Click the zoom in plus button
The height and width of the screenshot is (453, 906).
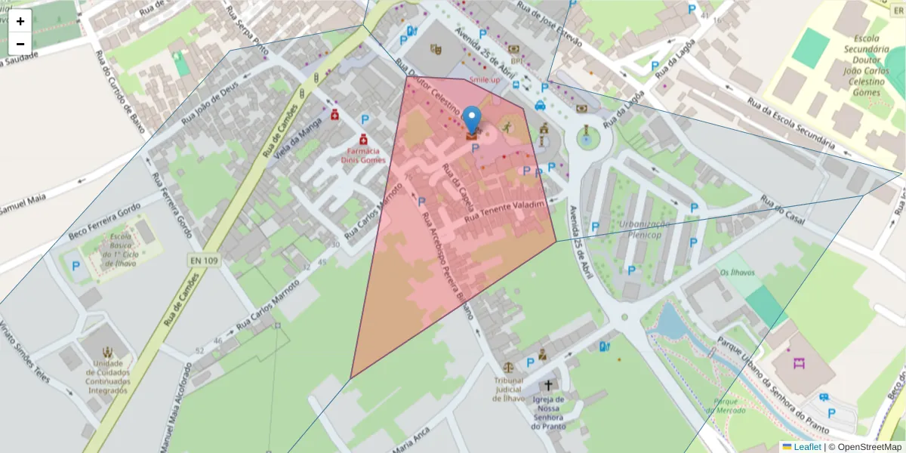point(20,21)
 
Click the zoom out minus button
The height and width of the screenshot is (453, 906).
point(20,44)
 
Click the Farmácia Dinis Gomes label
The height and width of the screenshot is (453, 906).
point(362,156)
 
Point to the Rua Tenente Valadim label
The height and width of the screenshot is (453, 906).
point(504,211)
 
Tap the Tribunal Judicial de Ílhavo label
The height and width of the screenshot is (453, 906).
point(508,390)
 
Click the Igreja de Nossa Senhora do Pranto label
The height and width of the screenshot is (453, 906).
point(548,412)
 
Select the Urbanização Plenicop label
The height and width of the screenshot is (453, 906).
point(644,229)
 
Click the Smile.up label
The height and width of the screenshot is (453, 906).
point(485,79)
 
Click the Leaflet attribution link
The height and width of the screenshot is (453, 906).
point(807,447)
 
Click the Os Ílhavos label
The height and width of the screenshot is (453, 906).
point(736,273)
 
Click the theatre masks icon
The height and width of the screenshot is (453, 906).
point(435,49)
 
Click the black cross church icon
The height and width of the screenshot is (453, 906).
point(548,385)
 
